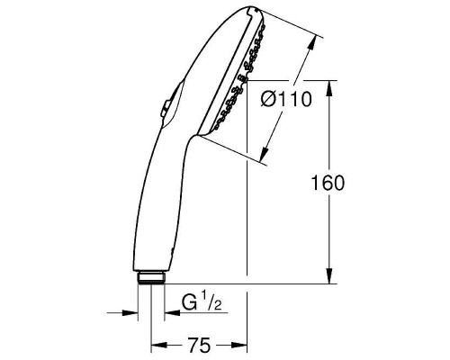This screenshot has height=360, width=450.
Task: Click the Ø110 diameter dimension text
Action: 286,100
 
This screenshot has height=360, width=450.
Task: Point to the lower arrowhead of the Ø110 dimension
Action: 262,158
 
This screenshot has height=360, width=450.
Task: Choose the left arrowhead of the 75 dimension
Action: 156,345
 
